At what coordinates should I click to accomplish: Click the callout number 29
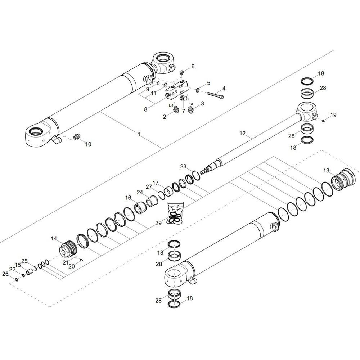(x=158, y=223)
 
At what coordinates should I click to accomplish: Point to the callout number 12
(x=242, y=133)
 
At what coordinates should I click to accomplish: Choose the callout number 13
(x=326, y=171)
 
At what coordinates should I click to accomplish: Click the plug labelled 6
(x=182, y=73)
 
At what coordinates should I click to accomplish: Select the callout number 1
(x=139, y=134)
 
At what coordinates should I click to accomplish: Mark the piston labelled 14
(x=68, y=248)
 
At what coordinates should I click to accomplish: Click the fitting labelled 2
(x=176, y=109)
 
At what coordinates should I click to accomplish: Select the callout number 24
(x=140, y=192)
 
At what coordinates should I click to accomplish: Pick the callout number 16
(x=128, y=197)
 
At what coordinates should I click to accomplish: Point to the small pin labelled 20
(x=81, y=260)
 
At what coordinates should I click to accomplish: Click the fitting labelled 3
(x=191, y=109)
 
